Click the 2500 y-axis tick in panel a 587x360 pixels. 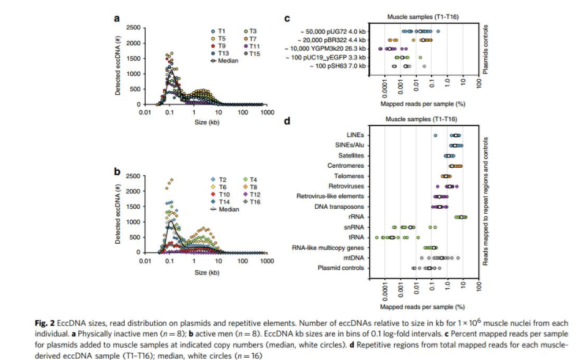point(133,28)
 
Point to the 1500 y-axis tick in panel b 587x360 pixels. point(133,206)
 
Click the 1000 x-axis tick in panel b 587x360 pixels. point(266,261)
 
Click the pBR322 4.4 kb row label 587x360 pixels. point(333,39)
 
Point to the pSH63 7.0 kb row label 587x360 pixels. point(337,66)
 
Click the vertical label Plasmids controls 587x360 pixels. point(485,50)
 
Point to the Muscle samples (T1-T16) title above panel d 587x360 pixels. point(421,119)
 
